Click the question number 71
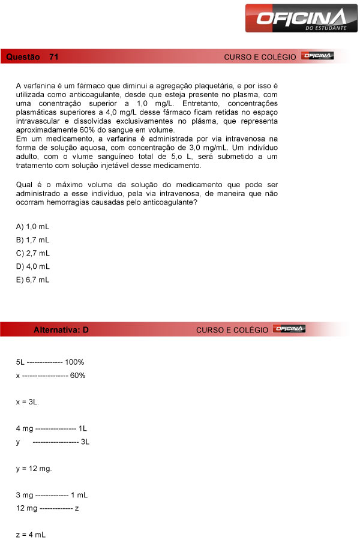point(54,57)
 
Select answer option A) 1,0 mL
point(33,226)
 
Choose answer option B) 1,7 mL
point(33,239)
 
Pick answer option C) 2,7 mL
point(33,253)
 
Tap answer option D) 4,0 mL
point(33,266)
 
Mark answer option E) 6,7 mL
point(33,279)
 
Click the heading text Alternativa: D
point(61,330)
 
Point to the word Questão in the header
point(23,57)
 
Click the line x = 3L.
point(28,401)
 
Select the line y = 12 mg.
point(34,468)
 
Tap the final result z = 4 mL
point(31,534)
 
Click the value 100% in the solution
point(74,362)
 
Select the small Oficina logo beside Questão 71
point(318,56)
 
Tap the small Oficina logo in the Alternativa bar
point(290,329)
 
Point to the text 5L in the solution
point(20,362)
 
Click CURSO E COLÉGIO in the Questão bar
point(260,57)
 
